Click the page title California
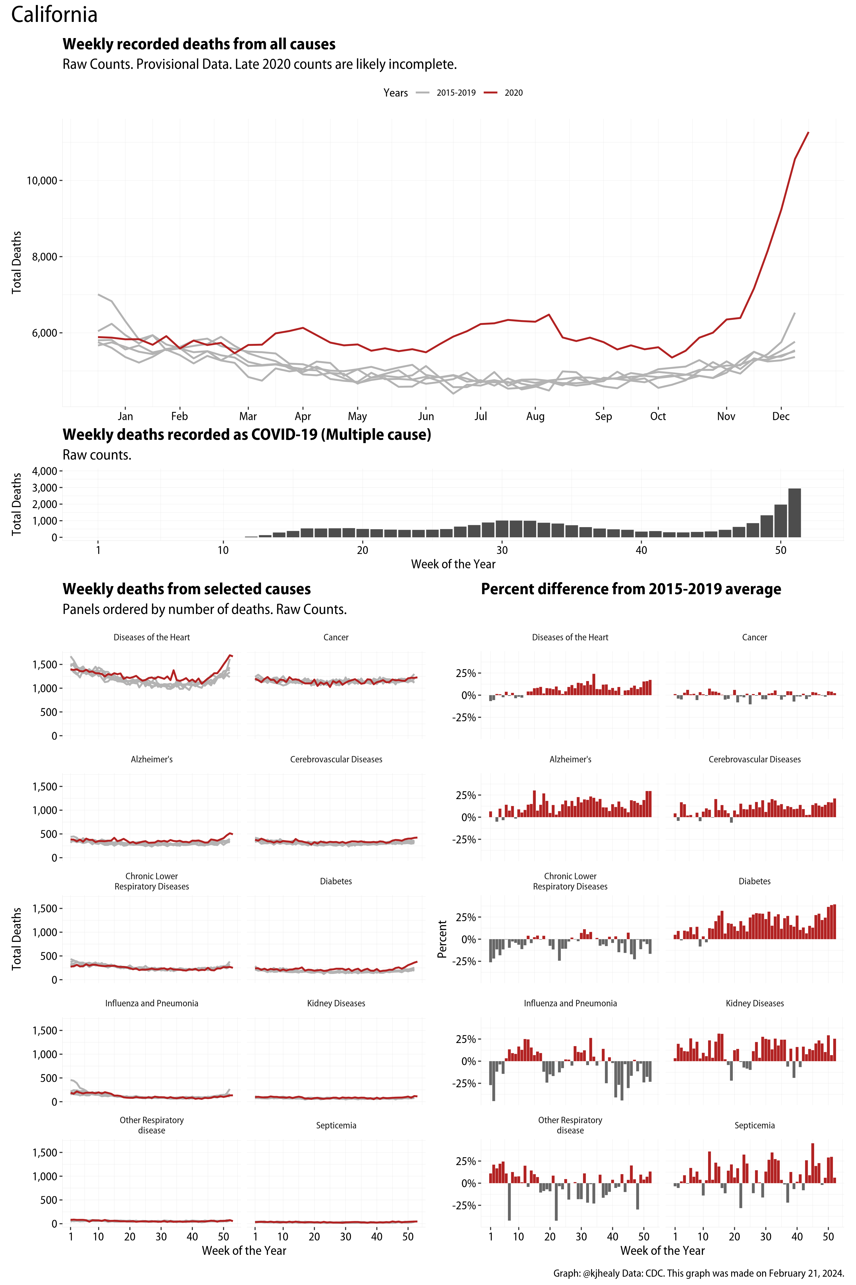pos(54,15)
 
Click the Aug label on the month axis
pos(535,416)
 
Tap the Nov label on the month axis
pos(725,416)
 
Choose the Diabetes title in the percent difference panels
pos(754,881)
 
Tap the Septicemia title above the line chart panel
pos(336,1126)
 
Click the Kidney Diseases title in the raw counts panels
pos(336,1003)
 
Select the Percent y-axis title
pos(442,939)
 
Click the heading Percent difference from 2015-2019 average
pos(631,589)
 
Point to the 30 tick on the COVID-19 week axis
pos(502,550)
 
